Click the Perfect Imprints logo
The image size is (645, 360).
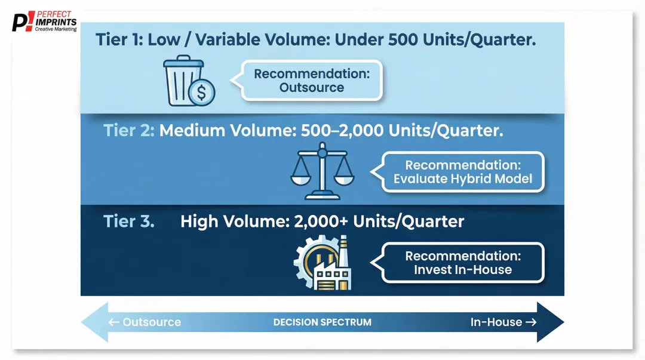45,21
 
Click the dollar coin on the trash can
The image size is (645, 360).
201,93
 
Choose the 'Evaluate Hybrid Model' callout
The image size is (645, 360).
462,172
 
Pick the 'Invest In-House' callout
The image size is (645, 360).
462,263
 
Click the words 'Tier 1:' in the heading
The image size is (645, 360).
119,40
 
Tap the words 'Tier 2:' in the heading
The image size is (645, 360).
128,131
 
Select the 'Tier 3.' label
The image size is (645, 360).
129,221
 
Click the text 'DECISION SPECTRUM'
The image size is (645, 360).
322,322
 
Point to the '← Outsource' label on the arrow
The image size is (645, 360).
145,322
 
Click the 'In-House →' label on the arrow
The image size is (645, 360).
496,322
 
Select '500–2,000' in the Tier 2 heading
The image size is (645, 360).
336,131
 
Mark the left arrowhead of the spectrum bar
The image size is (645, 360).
94,322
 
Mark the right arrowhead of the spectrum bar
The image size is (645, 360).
550,322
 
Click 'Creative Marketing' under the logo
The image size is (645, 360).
56,29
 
